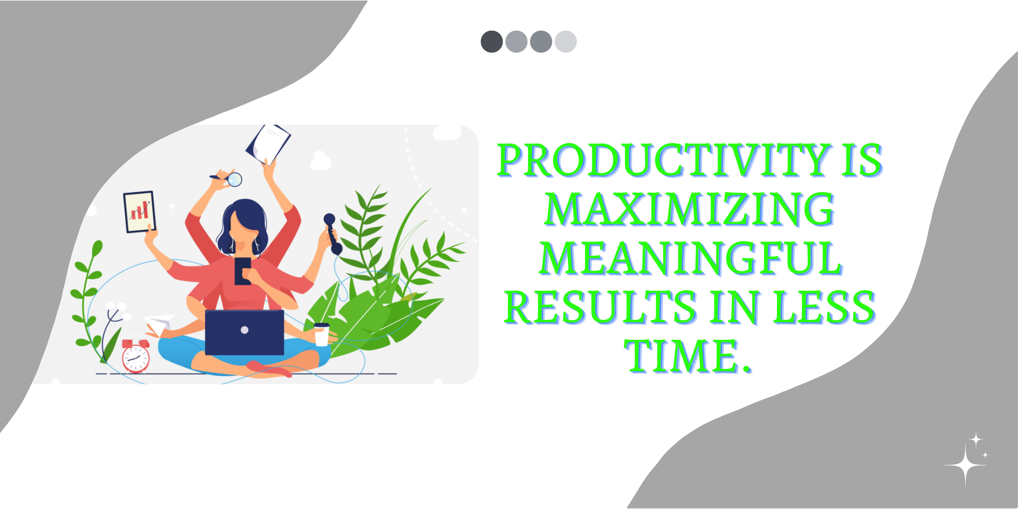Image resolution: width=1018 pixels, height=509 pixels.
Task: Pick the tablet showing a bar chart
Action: click(x=139, y=212)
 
